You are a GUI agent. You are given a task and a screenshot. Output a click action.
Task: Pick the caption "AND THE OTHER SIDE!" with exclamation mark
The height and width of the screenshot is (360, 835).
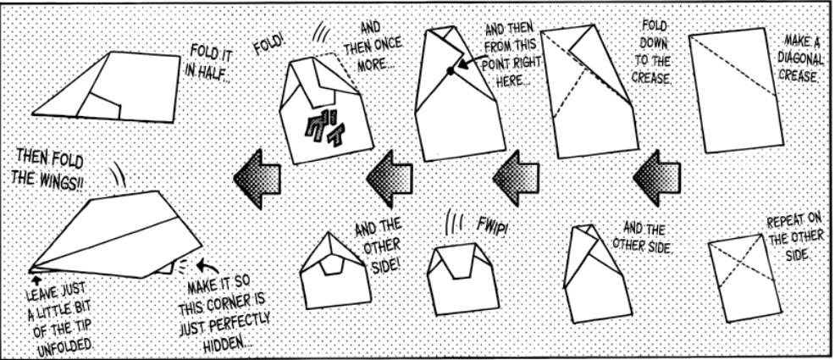[379, 241]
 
